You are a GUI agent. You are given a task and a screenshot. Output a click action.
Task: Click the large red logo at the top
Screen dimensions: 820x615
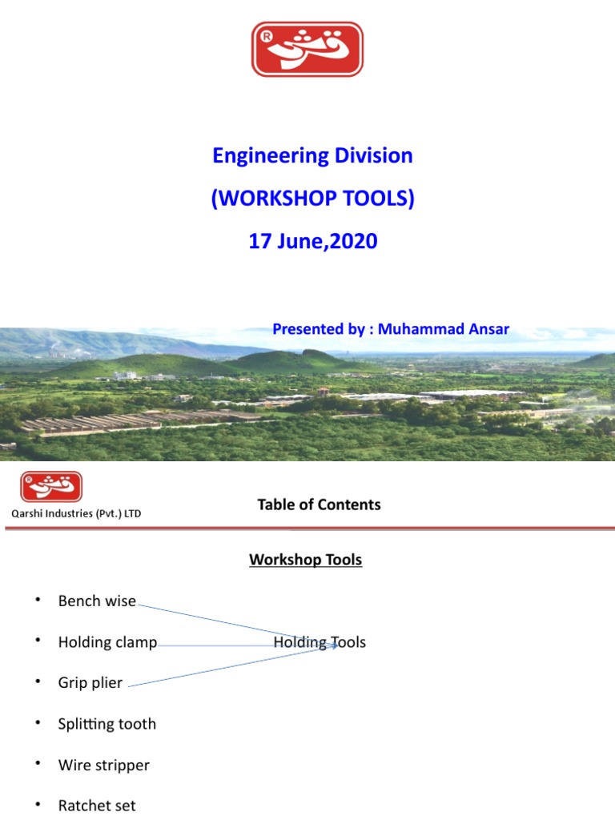coord(307,49)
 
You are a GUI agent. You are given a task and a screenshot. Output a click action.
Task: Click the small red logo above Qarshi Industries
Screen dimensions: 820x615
coord(51,487)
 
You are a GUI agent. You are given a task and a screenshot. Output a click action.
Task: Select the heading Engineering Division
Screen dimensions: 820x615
coord(312,155)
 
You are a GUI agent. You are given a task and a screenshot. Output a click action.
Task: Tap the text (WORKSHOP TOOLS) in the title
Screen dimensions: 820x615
coord(312,198)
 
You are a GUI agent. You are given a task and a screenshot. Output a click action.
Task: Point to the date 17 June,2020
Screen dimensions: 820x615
coord(312,240)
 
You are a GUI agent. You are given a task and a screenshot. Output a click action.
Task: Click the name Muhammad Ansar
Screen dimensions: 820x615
coord(444,329)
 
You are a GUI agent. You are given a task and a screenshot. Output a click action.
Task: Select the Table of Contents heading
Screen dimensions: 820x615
coord(319,504)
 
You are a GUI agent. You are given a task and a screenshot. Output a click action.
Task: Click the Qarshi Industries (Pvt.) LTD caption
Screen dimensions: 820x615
coord(75,513)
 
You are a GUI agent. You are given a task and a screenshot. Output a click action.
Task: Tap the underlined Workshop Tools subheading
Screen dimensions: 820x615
coord(305,560)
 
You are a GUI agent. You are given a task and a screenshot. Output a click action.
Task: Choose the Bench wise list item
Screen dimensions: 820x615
coord(97,601)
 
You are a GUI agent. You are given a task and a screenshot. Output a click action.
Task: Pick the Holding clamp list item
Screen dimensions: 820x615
coord(107,642)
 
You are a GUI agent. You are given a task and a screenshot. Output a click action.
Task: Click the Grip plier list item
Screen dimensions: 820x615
coord(90,683)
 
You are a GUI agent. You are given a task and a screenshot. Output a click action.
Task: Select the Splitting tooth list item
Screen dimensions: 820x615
coord(107,724)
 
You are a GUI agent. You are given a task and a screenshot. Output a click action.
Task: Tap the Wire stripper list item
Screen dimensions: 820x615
coord(103,765)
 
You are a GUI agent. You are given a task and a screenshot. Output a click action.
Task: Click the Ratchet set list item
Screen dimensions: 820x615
coord(97,806)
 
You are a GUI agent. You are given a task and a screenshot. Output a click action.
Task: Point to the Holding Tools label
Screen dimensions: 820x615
coord(320,642)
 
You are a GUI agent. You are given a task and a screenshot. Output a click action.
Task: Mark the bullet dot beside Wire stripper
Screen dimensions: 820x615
coord(37,764)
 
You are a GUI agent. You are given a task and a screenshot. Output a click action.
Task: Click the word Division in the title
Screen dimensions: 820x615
coord(375,155)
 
